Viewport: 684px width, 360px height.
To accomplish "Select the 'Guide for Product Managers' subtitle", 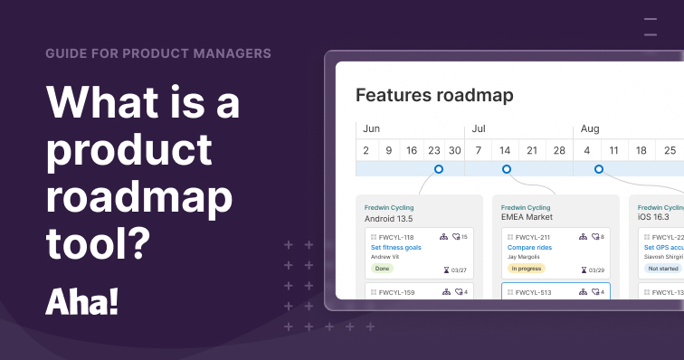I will [158, 52].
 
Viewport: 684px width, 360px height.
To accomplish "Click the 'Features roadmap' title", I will [434, 95].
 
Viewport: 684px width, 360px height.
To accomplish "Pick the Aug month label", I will [590, 128].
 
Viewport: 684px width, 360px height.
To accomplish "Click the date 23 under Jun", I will [434, 150].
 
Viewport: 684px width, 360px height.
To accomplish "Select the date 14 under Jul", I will [506, 150].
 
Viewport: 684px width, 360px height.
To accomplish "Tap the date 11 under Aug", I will [613, 150].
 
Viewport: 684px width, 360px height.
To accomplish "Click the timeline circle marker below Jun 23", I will [439, 169].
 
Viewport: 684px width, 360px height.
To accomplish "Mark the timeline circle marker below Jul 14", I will [507, 169].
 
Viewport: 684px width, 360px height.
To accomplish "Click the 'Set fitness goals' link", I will [395, 247].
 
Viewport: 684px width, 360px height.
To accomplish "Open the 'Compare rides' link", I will [530, 247].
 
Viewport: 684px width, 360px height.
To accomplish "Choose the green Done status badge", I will [382, 269].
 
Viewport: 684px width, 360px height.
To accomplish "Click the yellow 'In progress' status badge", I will [527, 269].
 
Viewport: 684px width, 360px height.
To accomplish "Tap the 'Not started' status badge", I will [661, 269].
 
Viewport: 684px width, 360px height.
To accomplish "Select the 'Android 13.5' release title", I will [389, 218].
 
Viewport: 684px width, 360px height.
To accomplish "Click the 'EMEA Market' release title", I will [527, 218].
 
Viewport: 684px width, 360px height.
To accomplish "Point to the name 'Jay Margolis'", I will [524, 257].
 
